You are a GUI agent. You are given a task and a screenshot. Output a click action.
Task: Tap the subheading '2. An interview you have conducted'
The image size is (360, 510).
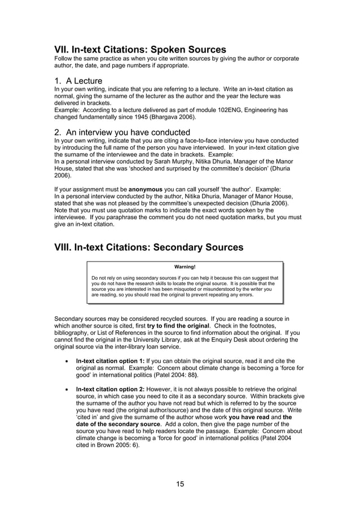tap(122, 132)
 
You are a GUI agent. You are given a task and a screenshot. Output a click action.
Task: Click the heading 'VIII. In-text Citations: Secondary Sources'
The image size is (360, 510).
tap(148, 247)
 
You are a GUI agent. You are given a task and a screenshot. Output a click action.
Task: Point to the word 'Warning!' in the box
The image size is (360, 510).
tap(185, 267)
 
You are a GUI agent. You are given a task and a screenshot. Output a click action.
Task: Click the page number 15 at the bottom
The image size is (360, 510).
tap(179, 483)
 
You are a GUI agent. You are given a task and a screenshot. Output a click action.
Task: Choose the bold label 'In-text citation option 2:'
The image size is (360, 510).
tap(110, 389)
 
